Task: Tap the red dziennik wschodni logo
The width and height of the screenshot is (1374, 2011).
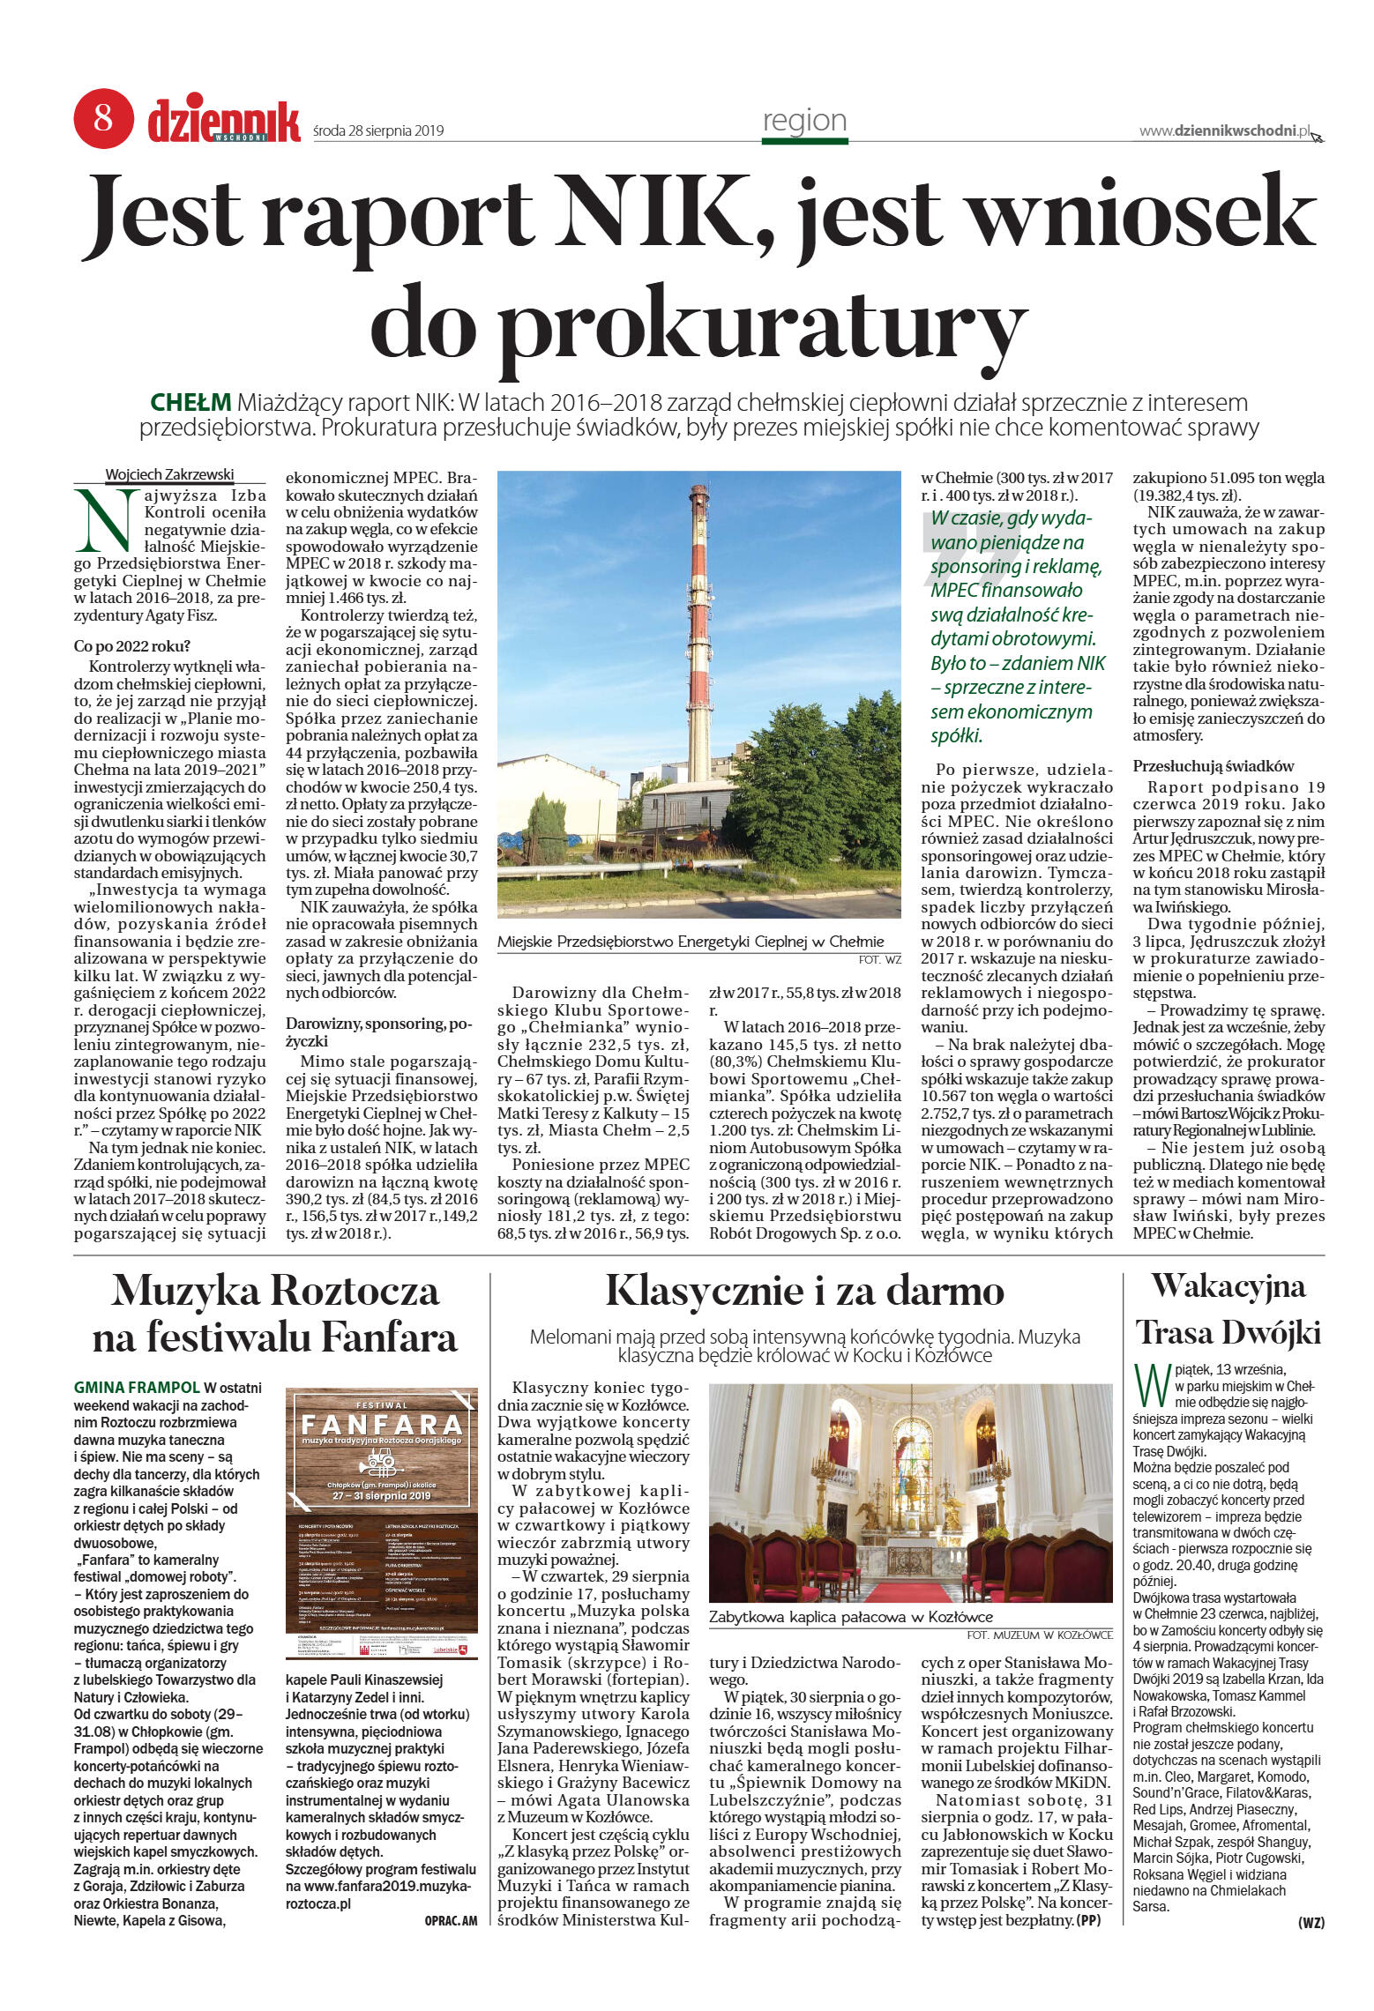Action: click(x=223, y=122)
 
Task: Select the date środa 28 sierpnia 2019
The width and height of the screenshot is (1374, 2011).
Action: click(x=378, y=131)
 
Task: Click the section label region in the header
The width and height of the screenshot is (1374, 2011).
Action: click(x=804, y=120)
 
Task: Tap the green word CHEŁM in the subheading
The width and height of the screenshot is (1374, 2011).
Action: click(x=190, y=403)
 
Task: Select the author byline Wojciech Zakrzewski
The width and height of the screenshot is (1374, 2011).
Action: click(x=169, y=474)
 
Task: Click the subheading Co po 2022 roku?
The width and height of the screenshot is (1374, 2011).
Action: click(x=131, y=646)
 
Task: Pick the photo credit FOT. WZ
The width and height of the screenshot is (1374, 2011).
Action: click(x=879, y=959)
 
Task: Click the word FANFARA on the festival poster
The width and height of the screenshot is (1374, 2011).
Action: click(x=381, y=1425)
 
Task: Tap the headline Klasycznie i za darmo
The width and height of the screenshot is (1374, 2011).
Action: click(x=804, y=1292)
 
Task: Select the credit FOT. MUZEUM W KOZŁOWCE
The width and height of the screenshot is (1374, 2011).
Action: click(x=1039, y=1635)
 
